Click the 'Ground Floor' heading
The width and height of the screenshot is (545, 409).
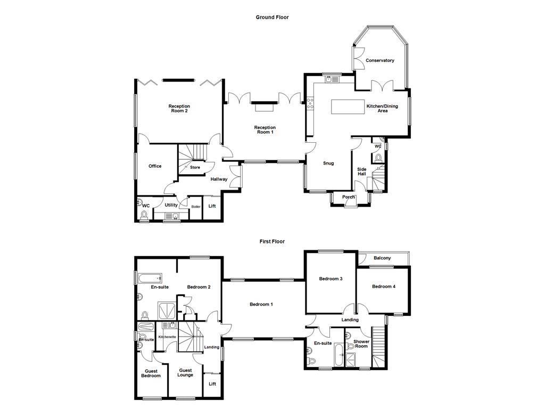point(272,17)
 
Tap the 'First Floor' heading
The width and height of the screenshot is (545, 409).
point(272,241)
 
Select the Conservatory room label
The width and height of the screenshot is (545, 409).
point(380,61)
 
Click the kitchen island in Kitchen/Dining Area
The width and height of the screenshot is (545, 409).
point(347,107)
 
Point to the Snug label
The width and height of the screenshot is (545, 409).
point(328,163)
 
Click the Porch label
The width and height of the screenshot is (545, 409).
point(349,197)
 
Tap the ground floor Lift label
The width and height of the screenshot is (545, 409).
point(212,206)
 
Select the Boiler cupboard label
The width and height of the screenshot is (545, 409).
point(196,207)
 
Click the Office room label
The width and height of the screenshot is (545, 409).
point(155,166)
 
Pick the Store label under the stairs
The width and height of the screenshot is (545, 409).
point(195,168)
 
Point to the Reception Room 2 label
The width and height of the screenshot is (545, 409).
point(179,109)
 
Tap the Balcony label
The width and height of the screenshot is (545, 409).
point(382,258)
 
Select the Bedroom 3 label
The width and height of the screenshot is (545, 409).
point(331,279)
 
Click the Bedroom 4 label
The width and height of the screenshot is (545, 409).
point(383,287)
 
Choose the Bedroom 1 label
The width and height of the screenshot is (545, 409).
point(261,305)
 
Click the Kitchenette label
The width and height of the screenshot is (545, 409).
point(167,337)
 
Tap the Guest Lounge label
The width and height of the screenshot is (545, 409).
point(186,373)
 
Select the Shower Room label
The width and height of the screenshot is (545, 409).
point(361,344)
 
